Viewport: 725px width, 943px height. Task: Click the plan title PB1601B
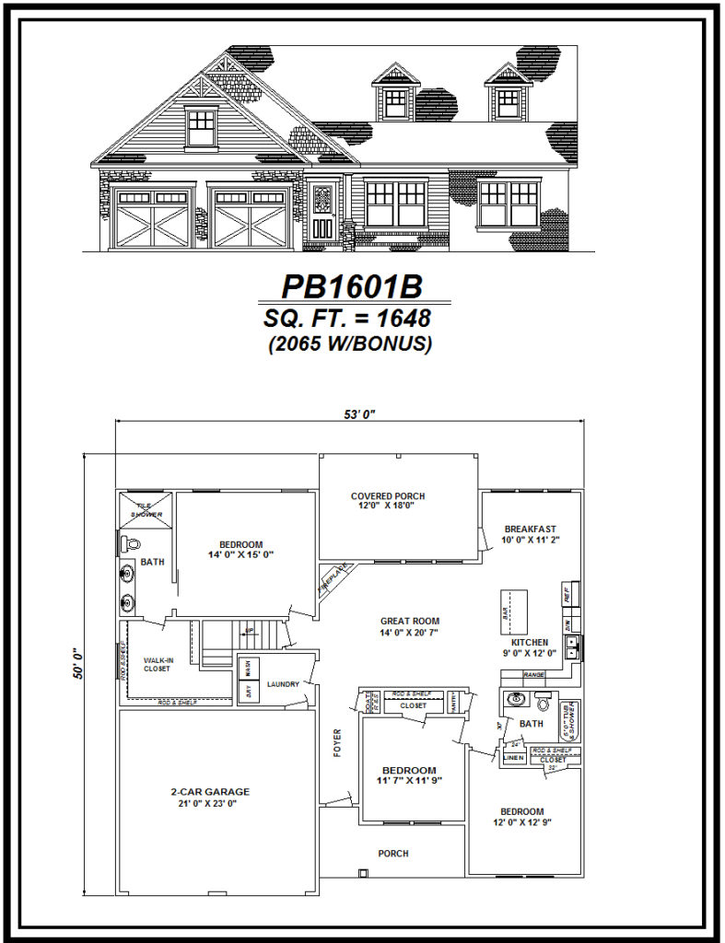(x=352, y=286)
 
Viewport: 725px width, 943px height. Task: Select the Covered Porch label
(x=388, y=496)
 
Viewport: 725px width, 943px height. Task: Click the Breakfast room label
(x=529, y=529)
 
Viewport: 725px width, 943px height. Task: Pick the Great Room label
(x=410, y=621)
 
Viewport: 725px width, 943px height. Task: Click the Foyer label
(x=338, y=742)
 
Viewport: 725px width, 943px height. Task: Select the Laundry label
(x=284, y=684)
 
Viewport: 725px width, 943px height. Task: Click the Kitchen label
(x=530, y=642)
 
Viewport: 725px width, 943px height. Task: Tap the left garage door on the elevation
(x=153, y=219)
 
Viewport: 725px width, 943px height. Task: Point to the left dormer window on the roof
(x=396, y=95)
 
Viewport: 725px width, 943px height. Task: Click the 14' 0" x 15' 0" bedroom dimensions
(x=241, y=554)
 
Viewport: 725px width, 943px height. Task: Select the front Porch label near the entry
(x=393, y=854)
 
